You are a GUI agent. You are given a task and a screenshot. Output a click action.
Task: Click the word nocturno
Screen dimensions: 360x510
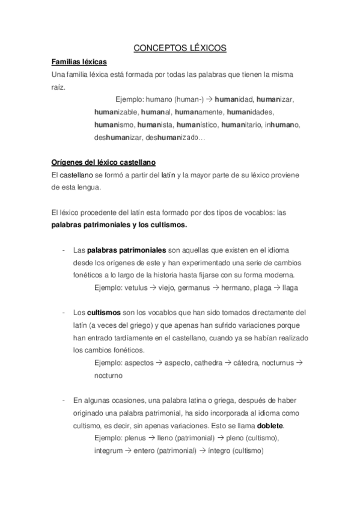[x=108, y=375]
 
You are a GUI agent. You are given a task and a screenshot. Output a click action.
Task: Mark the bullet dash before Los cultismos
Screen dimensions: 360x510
[x=63, y=313]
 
